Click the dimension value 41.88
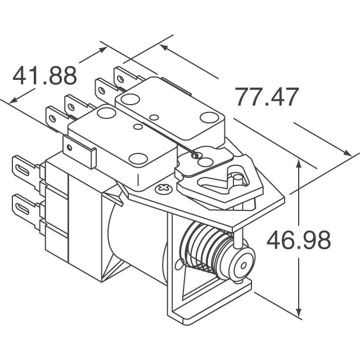click(44, 75)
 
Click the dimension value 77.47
click(267, 97)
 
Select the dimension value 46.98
click(299, 240)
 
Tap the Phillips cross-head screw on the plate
click(164, 188)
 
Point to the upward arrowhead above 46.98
click(299, 166)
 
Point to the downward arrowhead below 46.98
click(299, 309)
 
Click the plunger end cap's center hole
click(242, 265)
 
